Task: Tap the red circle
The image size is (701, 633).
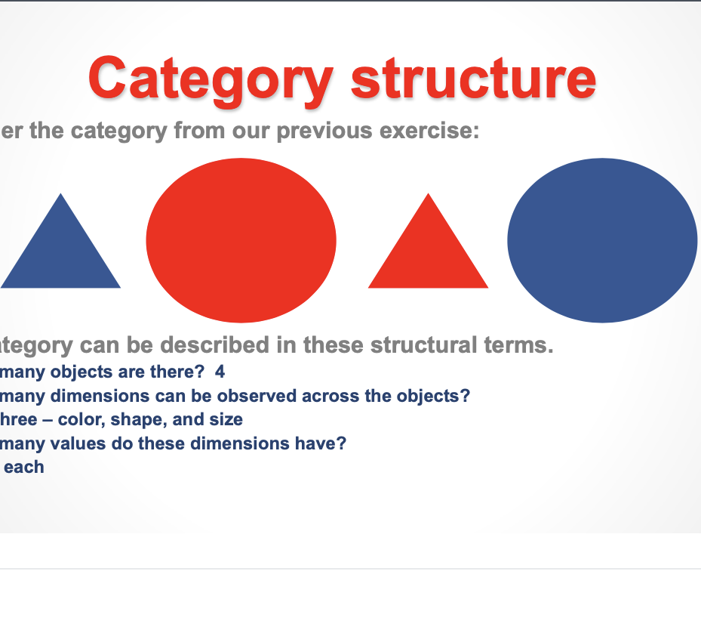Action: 241,239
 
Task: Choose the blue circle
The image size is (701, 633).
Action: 602,239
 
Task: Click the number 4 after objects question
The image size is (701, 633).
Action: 220,372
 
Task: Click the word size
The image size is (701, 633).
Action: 226,419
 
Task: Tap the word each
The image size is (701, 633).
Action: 24,467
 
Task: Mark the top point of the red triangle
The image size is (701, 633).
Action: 429,194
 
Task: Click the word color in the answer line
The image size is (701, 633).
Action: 87,419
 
